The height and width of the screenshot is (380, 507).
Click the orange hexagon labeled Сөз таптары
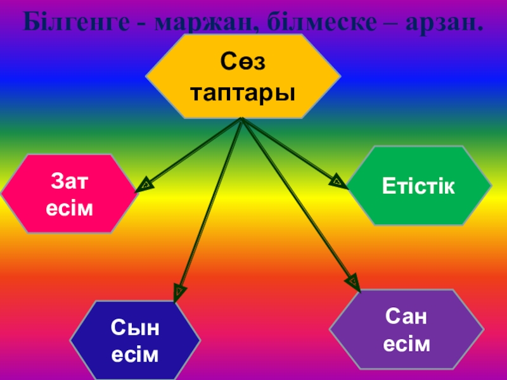tap(243, 77)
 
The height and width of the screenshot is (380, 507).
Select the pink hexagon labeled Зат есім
tap(69, 194)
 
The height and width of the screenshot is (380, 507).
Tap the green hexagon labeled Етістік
tap(419, 186)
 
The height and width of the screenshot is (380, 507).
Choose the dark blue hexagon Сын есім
tap(135, 341)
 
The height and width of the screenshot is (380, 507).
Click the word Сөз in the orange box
tap(243, 63)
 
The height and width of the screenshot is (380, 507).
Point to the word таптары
tap(243, 92)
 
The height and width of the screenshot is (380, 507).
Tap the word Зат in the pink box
tap(69, 181)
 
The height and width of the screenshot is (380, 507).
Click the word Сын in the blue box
tap(135, 328)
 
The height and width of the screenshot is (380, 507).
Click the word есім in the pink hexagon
tap(69, 208)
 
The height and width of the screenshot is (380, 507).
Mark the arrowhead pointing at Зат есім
tap(143, 184)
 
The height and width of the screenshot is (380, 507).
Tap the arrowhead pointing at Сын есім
tap(179, 291)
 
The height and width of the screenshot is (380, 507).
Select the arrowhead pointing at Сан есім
tap(352, 281)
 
